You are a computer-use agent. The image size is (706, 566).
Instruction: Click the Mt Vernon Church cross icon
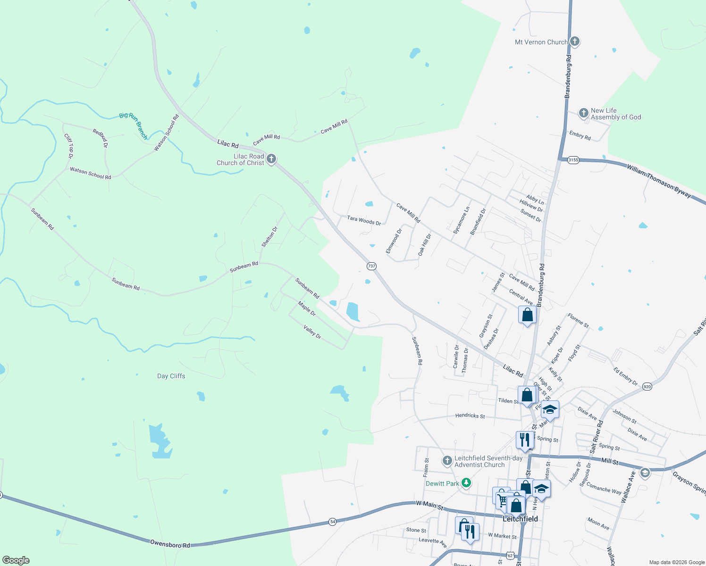[574, 42]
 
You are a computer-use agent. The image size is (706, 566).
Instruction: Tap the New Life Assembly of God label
[615, 114]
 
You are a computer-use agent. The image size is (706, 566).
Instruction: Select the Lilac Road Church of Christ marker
[271, 159]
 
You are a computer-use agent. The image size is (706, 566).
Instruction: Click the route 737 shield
[371, 266]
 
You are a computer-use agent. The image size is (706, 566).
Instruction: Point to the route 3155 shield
[573, 160]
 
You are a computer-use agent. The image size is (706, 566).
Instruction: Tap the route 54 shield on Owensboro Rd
[332, 522]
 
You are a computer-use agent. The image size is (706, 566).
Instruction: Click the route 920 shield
[647, 387]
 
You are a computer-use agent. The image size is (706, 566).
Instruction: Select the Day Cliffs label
[171, 376]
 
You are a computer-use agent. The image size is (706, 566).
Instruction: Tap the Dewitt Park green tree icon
[466, 483]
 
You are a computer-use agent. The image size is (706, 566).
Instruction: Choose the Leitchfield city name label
[520, 519]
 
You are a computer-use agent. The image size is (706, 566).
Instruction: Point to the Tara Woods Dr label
[364, 220]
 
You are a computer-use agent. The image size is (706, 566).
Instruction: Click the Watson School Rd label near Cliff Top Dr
[90, 173]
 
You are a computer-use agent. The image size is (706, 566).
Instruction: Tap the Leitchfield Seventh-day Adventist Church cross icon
[447, 460]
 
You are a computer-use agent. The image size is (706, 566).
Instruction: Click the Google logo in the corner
[16, 560]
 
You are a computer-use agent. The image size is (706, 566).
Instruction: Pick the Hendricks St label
[470, 416]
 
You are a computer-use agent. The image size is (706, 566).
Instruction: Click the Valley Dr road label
[312, 332]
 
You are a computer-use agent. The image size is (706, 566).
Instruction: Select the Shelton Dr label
[269, 237]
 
